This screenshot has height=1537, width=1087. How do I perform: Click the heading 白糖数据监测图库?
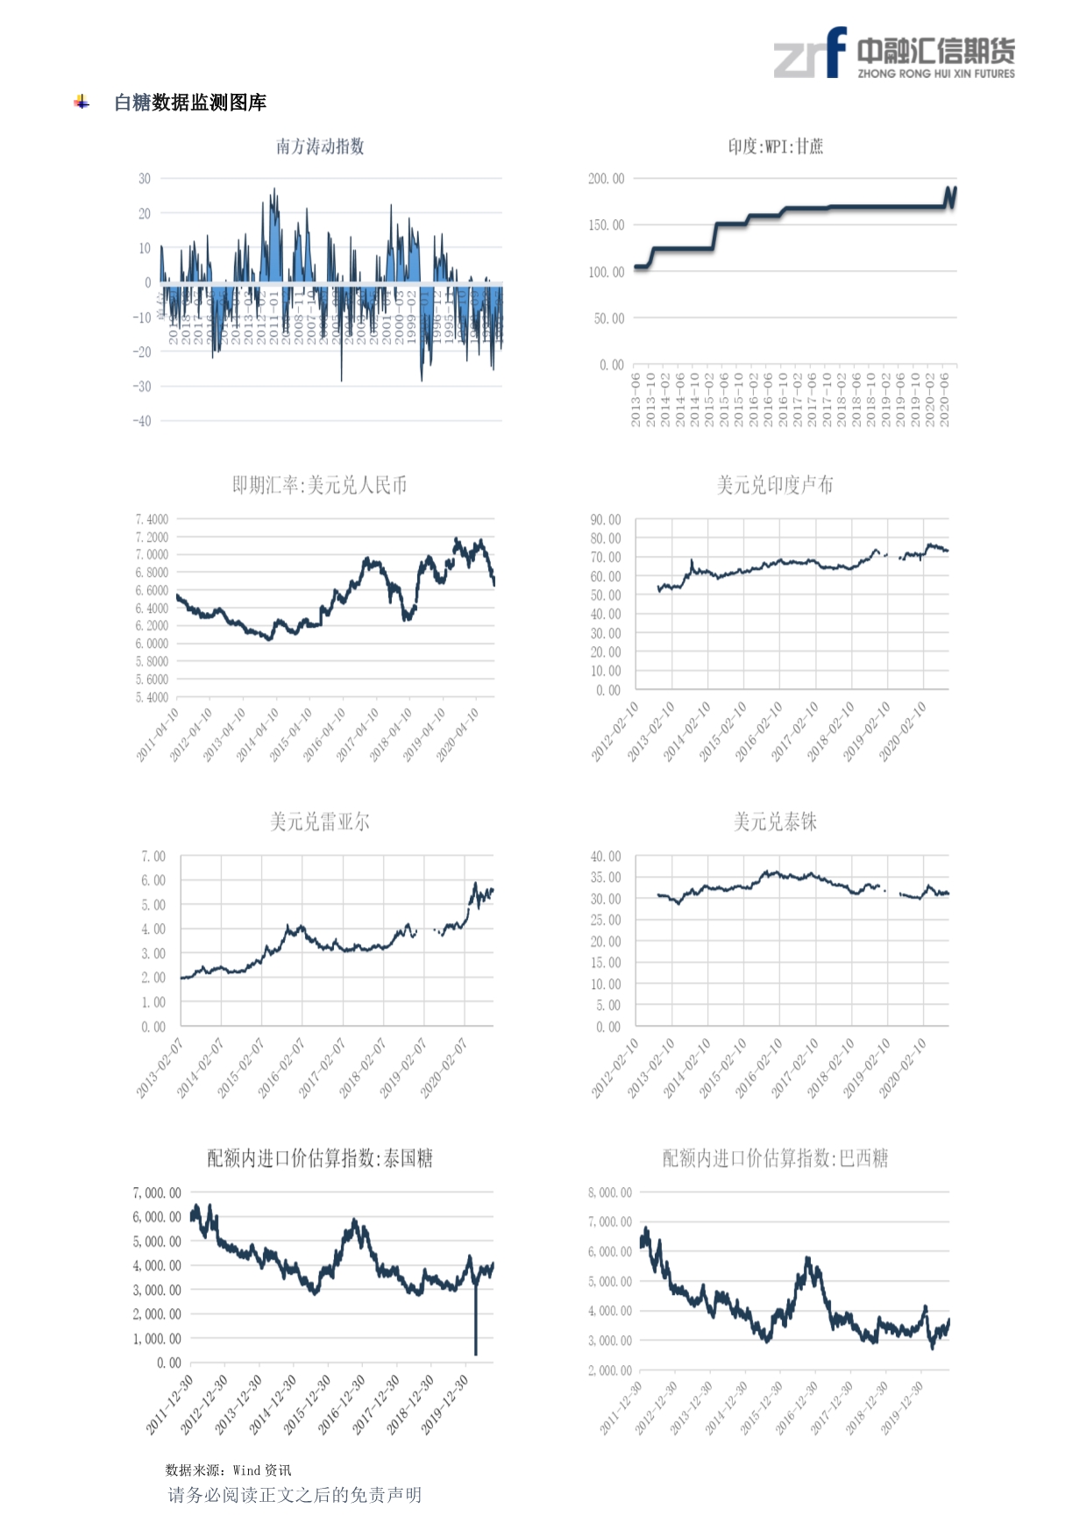click(190, 103)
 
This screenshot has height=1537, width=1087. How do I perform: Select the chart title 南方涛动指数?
click(320, 146)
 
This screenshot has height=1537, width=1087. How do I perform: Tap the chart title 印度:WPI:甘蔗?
click(776, 146)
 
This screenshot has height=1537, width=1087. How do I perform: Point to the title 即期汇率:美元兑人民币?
click(320, 485)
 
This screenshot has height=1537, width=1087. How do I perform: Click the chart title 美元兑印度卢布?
click(775, 485)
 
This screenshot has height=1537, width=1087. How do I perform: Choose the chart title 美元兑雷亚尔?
click(320, 822)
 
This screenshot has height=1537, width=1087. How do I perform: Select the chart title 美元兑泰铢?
click(775, 822)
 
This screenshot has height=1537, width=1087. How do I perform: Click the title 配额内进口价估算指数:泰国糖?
click(320, 1158)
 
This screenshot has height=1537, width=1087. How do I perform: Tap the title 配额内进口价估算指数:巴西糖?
click(775, 1158)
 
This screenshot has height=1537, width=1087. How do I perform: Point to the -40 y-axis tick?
click(142, 421)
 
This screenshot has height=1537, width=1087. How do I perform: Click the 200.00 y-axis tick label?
click(607, 179)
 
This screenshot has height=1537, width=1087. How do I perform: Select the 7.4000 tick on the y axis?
click(152, 520)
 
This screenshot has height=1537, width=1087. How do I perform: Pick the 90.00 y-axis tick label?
click(606, 520)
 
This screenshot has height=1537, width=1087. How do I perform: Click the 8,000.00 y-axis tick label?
click(610, 1192)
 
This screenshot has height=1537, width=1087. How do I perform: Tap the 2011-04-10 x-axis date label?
click(159, 734)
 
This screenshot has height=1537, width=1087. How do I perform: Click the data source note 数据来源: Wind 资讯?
click(228, 1470)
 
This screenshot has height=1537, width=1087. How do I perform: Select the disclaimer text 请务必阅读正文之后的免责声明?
click(295, 1495)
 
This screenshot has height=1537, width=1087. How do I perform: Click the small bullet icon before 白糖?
click(82, 103)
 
